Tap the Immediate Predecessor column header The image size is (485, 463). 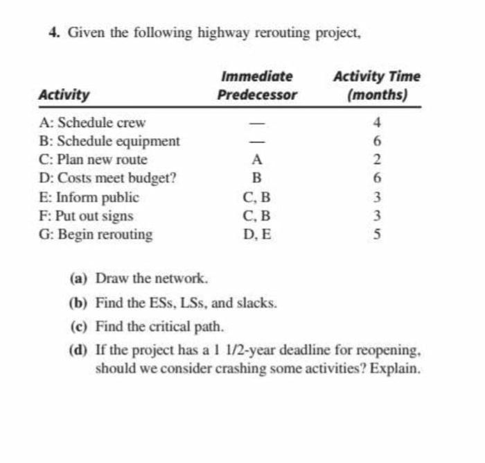tap(257, 85)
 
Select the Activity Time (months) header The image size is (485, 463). tap(376, 85)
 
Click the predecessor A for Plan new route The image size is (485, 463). tap(256, 160)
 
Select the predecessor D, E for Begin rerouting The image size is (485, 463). tap(257, 234)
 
